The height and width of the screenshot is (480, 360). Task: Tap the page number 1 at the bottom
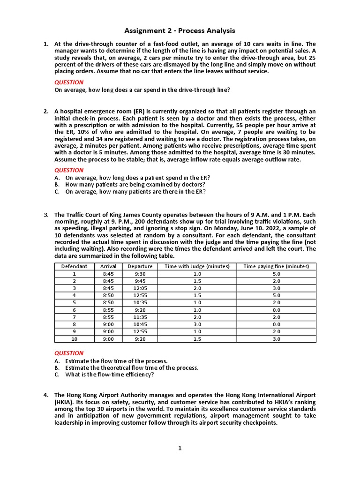180,448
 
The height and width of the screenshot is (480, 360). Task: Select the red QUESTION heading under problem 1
69,82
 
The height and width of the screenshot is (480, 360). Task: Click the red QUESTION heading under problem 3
69,353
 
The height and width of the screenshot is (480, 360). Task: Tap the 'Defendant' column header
74,266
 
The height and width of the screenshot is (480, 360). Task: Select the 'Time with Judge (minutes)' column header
197,266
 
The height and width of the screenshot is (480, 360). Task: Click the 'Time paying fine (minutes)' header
276,266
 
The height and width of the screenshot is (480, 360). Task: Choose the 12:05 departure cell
140,288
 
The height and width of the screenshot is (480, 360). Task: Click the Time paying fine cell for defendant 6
276,310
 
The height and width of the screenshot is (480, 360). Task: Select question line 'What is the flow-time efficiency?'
110,375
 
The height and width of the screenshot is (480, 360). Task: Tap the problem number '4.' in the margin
46,395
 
